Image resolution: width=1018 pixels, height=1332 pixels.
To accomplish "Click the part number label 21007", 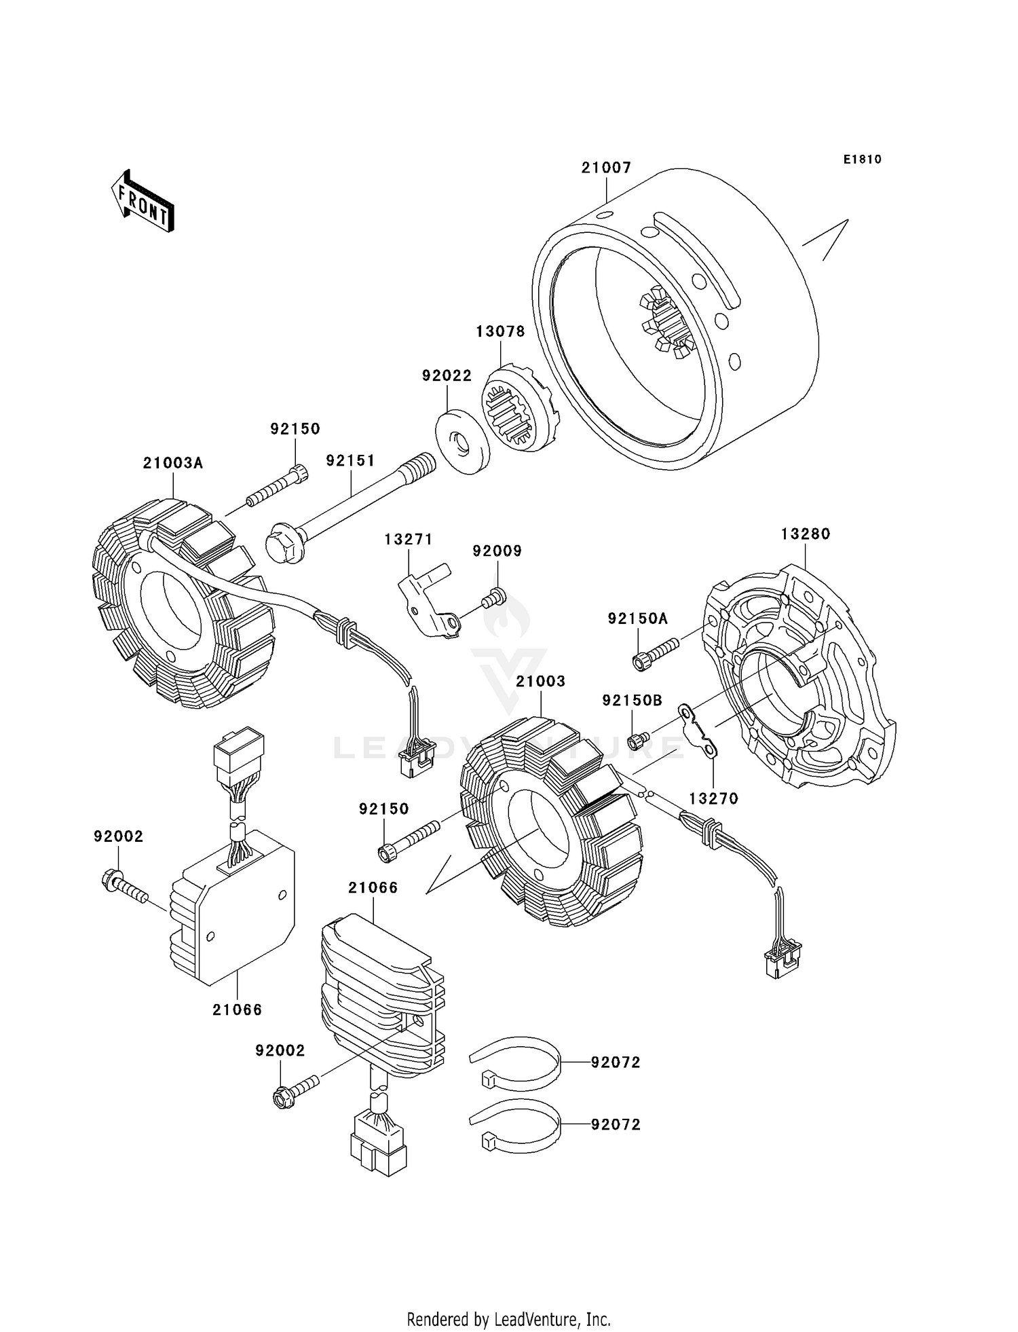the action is (x=606, y=168).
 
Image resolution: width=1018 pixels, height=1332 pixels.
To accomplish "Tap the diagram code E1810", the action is (x=863, y=160).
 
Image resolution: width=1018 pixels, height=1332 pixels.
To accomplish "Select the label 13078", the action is (x=500, y=331).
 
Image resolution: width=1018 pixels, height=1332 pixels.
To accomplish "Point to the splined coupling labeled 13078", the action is (x=521, y=408).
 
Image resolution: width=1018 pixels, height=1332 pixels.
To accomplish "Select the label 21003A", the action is (x=173, y=463).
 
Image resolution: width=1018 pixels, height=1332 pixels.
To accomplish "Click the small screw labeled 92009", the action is (x=493, y=599).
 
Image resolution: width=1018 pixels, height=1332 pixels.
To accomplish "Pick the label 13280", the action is (x=806, y=534).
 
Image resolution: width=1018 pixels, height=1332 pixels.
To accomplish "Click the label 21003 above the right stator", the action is (x=541, y=681).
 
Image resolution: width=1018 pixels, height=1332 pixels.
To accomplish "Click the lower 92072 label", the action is (x=616, y=1125).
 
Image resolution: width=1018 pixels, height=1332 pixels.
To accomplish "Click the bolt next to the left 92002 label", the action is (x=124, y=887).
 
